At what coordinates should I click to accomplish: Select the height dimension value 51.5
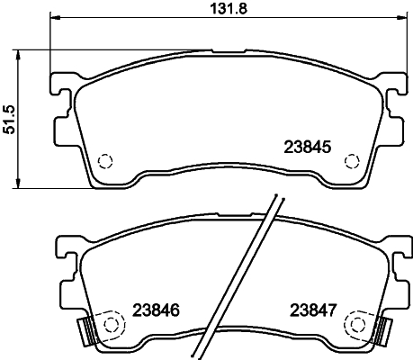[12, 118]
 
